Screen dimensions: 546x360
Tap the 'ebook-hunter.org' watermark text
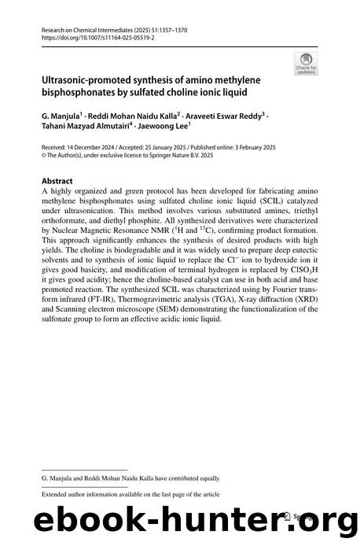180,519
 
